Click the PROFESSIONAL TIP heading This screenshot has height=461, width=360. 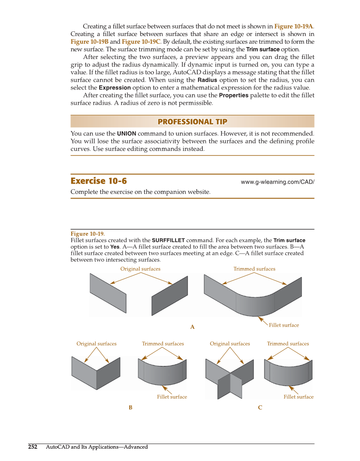[192, 122]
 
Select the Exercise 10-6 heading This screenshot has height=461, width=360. [98, 181]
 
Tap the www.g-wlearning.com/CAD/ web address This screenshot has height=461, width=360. [277, 182]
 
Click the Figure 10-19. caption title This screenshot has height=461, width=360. [87, 234]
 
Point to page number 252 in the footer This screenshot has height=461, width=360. [33, 447]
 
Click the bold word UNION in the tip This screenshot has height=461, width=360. [126, 134]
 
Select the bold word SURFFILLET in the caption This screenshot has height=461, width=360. [168, 240]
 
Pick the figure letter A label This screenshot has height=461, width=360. [192, 327]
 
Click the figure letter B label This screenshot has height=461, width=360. [131, 408]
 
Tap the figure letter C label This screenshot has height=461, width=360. [260, 408]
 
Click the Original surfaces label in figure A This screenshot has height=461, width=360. [140, 269]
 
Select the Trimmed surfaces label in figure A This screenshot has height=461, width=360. [254, 269]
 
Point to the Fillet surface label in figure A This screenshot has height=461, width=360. [284, 325]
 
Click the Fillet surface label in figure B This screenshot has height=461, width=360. [172, 397]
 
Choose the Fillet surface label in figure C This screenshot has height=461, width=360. [299, 397]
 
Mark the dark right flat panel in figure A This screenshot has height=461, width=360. [170, 296]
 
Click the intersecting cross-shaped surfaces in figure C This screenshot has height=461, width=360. [229, 379]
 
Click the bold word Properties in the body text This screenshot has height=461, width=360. [233, 95]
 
